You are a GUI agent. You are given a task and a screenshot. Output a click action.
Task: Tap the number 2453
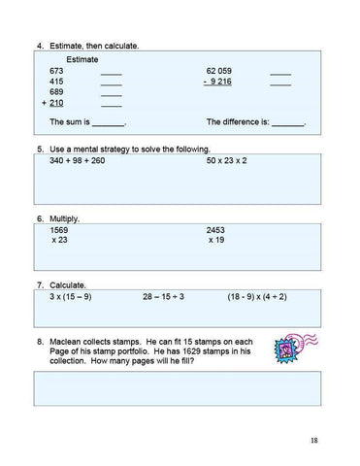[x=216, y=230]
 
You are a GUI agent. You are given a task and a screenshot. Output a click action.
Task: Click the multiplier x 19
[x=217, y=240]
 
